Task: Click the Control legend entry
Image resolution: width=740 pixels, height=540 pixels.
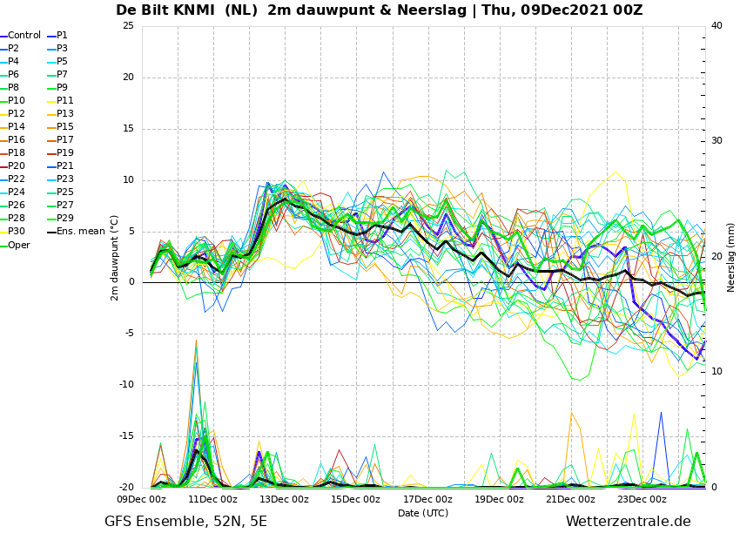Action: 21,36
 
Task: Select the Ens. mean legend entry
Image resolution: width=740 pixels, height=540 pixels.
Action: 76,232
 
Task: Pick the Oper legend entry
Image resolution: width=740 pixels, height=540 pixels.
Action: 15,245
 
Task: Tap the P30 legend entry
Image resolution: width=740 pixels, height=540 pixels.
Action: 13,232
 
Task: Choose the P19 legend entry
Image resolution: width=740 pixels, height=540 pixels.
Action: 61,153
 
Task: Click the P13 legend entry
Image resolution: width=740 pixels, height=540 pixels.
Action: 61,114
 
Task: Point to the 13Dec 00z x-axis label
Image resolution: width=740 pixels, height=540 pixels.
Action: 284,499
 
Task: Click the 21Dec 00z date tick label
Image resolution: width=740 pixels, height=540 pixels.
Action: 570,499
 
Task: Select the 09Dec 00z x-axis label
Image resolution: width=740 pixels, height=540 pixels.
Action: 141,499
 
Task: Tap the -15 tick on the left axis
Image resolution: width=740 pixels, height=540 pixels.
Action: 127,436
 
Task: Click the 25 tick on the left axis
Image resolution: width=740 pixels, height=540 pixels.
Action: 128,25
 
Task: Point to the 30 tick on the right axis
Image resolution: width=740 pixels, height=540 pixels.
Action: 716,141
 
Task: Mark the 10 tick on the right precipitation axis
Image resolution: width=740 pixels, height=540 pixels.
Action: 716,372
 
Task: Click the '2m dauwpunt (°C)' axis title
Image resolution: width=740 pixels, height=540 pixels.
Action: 114,258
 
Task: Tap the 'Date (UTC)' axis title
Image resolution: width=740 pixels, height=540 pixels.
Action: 423,513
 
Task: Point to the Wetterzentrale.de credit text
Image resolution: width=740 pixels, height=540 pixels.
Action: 629,522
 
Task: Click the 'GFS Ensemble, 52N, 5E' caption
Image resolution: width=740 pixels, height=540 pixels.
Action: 185,522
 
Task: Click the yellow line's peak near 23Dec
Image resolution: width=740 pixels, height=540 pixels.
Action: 616,172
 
